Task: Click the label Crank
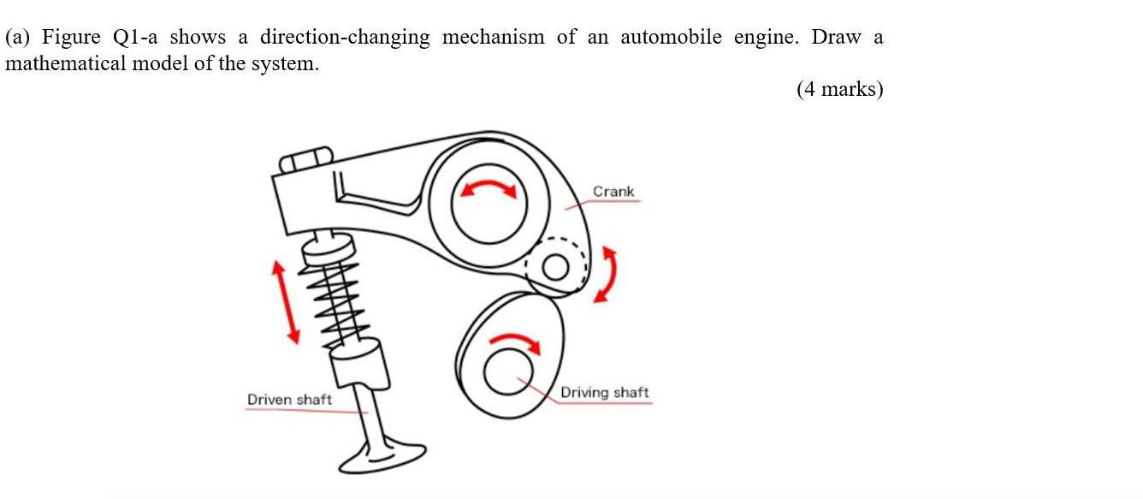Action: tap(613, 192)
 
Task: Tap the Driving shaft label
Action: tap(604, 393)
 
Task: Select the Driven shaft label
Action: tap(289, 400)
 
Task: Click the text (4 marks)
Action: tap(838, 89)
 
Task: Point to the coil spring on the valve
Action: tap(337, 299)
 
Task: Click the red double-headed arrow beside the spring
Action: tap(286, 302)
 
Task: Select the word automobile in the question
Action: tap(671, 38)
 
